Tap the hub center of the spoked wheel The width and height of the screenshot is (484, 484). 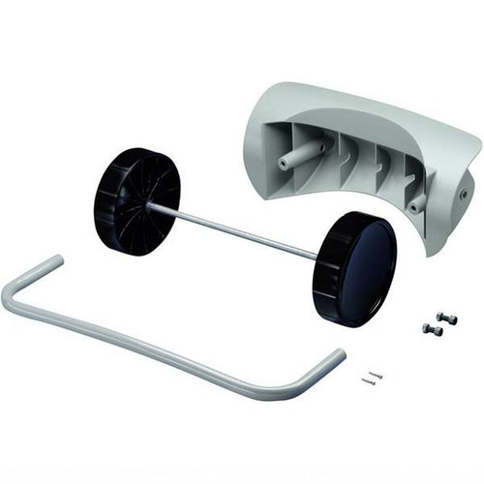click(147, 204)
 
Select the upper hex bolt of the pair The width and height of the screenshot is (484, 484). click(446, 318)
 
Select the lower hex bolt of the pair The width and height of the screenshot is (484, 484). click(433, 330)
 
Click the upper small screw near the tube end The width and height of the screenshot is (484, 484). click(377, 375)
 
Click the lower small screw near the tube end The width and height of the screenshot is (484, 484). click(369, 381)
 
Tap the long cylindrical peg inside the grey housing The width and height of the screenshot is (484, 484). click(301, 156)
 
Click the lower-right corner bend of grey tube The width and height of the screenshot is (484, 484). click(290, 392)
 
